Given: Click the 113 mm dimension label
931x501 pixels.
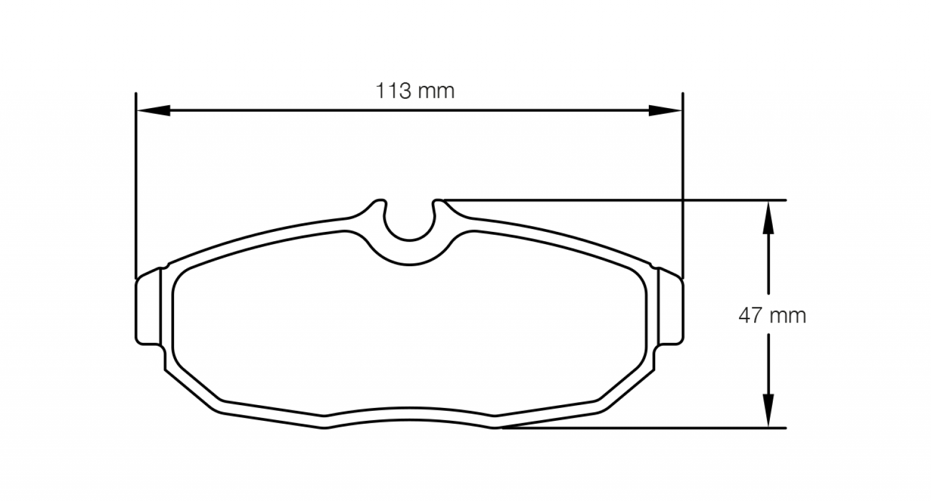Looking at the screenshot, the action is tap(415, 91).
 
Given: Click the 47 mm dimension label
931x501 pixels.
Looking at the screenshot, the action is tap(772, 316).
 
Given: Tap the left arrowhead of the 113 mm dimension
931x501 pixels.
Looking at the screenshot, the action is tap(153, 110).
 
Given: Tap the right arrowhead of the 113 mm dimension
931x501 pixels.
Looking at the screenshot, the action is tap(666, 110).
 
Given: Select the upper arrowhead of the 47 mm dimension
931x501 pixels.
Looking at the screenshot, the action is tap(768, 217).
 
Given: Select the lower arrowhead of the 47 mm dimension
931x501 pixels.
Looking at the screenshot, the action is tap(768, 410).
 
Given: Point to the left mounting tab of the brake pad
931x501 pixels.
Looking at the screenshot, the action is tap(148, 310).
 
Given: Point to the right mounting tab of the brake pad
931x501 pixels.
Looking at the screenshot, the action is tap(671, 310).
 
